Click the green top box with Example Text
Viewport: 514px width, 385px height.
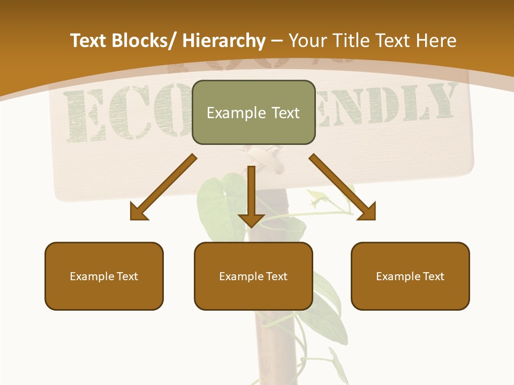[x=253, y=112]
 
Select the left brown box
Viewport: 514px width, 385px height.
[x=104, y=276]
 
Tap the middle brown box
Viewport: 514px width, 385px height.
[x=253, y=276]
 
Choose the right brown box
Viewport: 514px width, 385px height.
[x=410, y=276]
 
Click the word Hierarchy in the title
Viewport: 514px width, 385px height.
[x=224, y=41]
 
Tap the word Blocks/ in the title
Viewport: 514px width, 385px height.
[x=146, y=41]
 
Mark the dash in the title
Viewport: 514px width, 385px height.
[x=277, y=42]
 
